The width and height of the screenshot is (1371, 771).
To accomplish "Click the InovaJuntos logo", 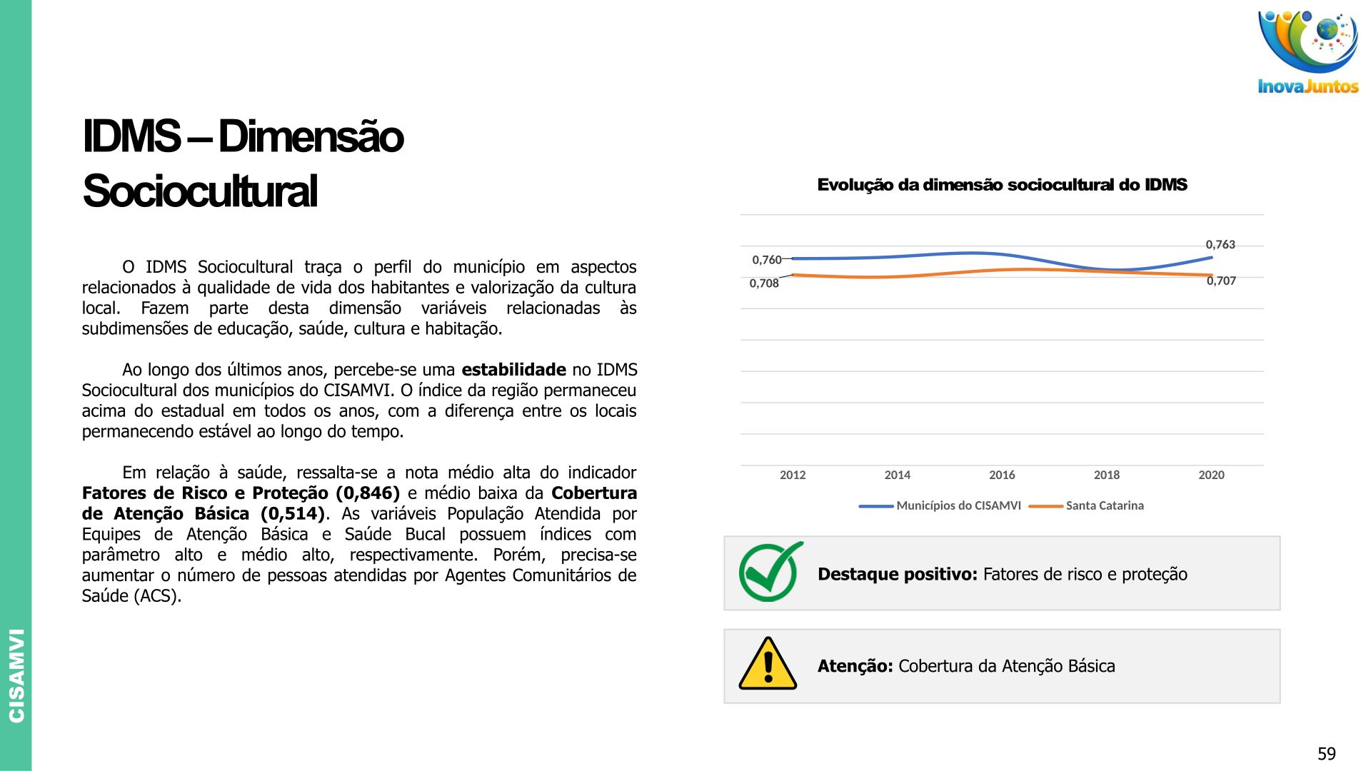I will pos(1307,51).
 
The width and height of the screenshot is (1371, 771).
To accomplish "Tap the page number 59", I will pos(1326,754).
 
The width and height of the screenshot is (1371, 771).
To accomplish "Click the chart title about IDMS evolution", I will pos(1002,185).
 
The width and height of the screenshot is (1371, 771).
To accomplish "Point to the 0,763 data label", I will pos(1220,245).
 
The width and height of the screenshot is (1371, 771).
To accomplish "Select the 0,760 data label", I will pos(766,260).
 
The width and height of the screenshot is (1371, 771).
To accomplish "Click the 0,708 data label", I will pos(764,283).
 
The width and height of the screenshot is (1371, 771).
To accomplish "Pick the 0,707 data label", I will pos(1221,281).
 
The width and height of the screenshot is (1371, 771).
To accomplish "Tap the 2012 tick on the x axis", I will pos(793,475).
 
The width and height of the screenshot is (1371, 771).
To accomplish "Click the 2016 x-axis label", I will pos(1002,475).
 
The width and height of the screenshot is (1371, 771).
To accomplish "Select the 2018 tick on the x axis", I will pos(1107,475).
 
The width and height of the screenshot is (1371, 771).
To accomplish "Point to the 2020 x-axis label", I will pos(1211,475).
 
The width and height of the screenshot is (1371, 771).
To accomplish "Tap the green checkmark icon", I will pos(770,572).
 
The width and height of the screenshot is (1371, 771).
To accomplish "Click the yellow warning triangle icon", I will pos(768,665).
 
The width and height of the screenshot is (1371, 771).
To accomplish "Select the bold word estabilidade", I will pos(513,370).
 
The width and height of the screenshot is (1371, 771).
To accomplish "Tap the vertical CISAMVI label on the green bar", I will pos(16,675).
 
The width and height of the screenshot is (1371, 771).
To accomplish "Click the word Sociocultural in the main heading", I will pos(200,191).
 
